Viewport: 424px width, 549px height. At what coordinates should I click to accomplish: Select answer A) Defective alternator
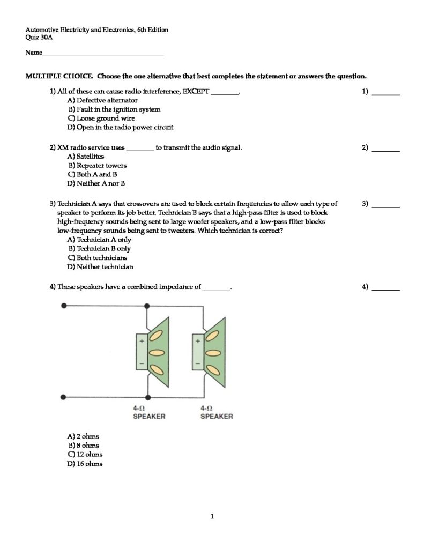tap(102, 100)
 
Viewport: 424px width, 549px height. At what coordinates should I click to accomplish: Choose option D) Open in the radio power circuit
tap(120, 128)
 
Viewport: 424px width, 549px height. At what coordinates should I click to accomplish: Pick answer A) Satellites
tap(86, 157)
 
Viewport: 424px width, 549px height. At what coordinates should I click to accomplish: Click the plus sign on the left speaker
tap(143, 341)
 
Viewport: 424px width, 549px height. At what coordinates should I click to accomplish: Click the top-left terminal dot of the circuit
tap(65, 306)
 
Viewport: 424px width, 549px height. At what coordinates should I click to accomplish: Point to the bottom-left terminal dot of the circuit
tap(65, 397)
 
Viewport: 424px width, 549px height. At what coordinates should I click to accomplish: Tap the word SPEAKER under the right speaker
tap(217, 417)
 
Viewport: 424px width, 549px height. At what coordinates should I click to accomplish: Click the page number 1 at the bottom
tap(212, 517)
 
